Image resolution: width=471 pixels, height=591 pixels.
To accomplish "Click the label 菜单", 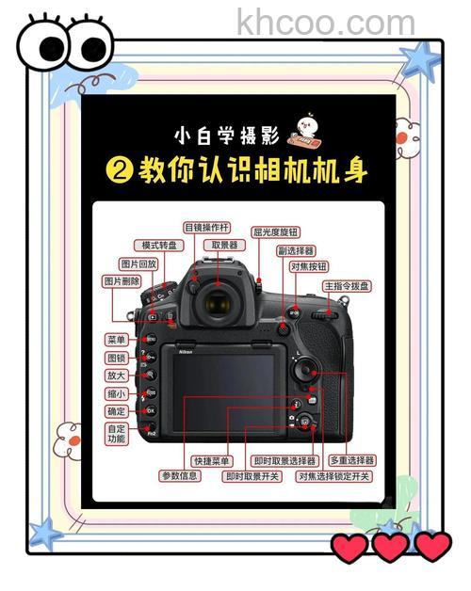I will click(117, 339).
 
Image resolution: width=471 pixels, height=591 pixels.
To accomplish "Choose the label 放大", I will click(117, 375).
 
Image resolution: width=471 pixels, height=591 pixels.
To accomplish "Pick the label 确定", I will click(117, 411).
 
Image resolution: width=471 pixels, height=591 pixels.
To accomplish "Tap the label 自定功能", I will click(117, 434).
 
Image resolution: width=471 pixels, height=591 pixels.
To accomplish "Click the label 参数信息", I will click(179, 476).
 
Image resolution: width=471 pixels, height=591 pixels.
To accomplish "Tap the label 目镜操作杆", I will click(206, 227).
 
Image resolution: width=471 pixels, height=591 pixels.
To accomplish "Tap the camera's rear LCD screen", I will click(219, 388).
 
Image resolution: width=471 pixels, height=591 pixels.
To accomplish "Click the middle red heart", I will click(391, 547).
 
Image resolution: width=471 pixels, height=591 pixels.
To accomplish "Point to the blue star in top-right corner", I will click(418, 60).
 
